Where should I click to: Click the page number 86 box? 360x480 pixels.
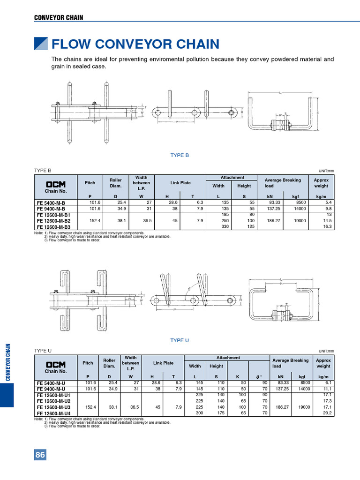click(40, 455)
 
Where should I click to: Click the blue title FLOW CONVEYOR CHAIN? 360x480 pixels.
click(135, 45)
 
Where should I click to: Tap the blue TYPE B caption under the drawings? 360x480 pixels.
click(180, 155)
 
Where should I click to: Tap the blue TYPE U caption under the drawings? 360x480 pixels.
click(180, 340)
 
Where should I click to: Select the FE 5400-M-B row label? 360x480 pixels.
click(50, 202)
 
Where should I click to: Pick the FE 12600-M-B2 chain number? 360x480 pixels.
click(53, 220)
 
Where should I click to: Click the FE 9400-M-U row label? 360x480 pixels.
click(50, 389)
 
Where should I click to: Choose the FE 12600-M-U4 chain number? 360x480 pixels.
click(53, 413)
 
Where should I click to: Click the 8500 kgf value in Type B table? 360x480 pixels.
click(301, 202)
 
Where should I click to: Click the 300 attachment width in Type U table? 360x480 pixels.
click(199, 413)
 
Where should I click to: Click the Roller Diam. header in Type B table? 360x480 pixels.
click(115, 183)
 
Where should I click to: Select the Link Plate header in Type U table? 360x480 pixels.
click(163, 363)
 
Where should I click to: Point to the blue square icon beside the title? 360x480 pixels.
click(41, 44)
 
